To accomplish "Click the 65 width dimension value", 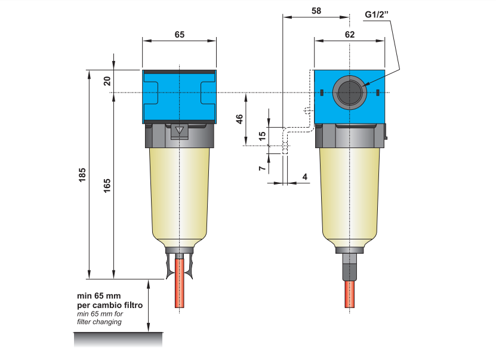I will pyautogui.click(x=179, y=35).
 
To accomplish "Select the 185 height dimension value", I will pyautogui.click(x=82, y=174).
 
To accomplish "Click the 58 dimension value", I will pyautogui.click(x=316, y=11).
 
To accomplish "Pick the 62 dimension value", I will pyautogui.click(x=350, y=35).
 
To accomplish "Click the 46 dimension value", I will pyautogui.click(x=239, y=118).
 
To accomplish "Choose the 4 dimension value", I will pyautogui.click(x=305, y=177).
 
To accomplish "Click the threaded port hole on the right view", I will pyautogui.click(x=349, y=92).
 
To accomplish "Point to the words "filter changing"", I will pyautogui.click(x=99, y=322).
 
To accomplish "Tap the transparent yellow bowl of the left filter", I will pyautogui.click(x=179, y=191).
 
